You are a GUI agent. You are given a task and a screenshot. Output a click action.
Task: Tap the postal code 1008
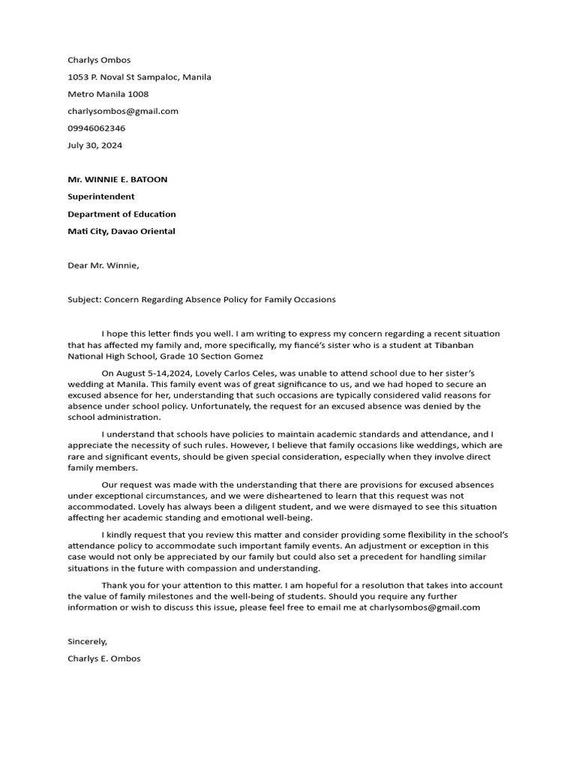138,94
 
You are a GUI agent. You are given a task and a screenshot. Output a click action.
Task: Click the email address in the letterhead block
123,112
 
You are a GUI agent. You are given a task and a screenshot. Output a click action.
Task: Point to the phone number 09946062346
97,128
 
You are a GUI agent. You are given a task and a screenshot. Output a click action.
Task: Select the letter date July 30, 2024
94,145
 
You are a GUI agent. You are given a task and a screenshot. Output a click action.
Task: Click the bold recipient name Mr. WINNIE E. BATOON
118,180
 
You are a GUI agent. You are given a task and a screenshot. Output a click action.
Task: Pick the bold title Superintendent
101,197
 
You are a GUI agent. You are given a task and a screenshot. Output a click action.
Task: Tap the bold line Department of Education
121,214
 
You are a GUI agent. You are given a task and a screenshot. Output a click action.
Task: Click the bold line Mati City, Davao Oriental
121,232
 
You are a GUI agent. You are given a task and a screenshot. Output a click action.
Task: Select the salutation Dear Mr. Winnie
103,265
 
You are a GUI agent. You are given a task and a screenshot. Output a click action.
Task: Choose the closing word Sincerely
88,642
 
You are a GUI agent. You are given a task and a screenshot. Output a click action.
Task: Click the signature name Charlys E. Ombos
104,659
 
